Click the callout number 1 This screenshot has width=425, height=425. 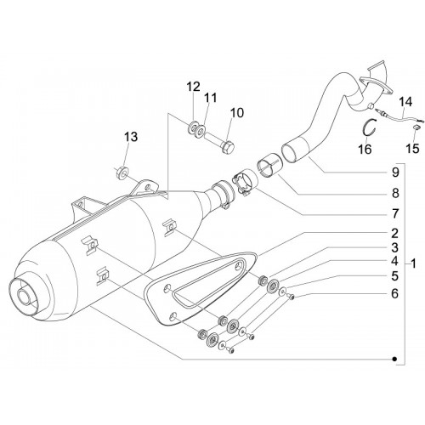413,264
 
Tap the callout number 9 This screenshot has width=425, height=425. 395,173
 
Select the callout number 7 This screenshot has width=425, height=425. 395,214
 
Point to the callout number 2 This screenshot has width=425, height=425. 395,233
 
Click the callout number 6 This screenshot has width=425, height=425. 395,293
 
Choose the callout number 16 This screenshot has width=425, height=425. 365,149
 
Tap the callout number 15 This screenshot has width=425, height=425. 412,148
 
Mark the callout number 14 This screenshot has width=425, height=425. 405,102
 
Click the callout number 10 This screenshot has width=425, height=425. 237,113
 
